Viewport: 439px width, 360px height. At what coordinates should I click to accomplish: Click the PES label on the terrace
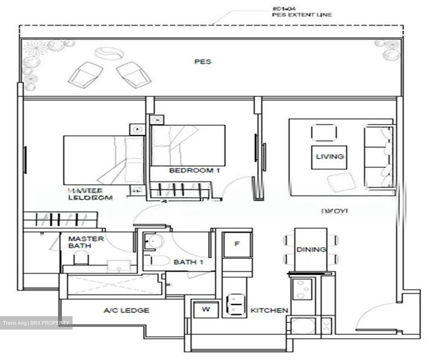click(203, 62)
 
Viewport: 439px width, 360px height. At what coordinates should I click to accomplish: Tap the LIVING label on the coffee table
click(330, 157)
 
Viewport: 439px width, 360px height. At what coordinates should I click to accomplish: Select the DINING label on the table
click(311, 249)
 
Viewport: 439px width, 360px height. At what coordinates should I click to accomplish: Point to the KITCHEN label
click(269, 310)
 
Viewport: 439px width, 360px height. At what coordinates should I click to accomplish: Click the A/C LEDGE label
click(127, 310)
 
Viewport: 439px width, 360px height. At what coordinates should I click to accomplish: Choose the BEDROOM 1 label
click(195, 170)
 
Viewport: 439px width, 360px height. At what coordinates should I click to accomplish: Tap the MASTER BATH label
click(86, 242)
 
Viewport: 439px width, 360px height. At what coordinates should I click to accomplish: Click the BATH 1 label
click(188, 262)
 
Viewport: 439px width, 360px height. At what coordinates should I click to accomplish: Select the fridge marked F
click(237, 244)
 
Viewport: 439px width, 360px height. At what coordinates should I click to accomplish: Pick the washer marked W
click(206, 309)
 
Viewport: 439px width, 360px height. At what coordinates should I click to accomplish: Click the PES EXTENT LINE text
click(302, 15)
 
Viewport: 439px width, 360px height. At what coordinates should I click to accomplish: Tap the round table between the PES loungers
click(109, 54)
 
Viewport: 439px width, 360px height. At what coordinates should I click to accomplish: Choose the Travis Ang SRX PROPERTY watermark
click(36, 323)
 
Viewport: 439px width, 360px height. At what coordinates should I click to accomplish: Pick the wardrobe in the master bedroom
click(60, 220)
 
